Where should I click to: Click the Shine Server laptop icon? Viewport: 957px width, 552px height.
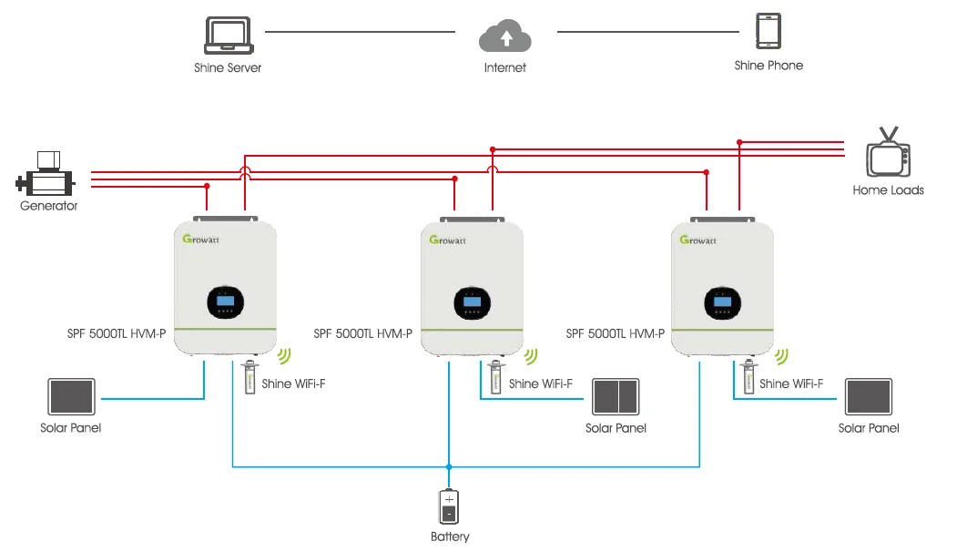coord(227,36)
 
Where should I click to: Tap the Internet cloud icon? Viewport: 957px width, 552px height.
coord(504,37)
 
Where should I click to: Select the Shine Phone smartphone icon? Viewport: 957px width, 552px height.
coord(769,31)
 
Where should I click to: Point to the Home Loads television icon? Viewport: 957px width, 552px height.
coord(888,156)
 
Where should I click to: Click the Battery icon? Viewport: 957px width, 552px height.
coord(449,506)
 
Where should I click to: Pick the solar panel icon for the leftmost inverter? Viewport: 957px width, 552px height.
coord(71,397)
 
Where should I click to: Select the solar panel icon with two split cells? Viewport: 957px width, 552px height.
coord(616,397)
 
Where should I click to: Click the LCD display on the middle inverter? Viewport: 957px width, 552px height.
coord(472,302)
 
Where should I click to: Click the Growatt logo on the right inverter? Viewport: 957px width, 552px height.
coord(698,240)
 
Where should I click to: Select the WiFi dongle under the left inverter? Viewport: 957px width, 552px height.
coord(249,377)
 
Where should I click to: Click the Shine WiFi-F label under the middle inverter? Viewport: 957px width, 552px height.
coord(540,383)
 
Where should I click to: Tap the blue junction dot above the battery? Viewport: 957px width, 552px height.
coord(449,467)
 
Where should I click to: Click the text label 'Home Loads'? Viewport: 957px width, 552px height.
coord(888,190)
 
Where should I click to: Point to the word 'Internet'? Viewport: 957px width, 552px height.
coord(504,67)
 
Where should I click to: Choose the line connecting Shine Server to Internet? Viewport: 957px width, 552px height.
coord(360,32)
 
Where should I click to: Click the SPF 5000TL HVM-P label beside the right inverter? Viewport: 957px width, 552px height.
coord(615,333)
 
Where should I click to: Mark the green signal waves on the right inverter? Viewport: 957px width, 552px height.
coord(784,355)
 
